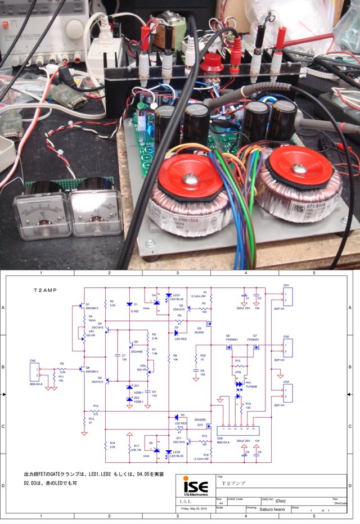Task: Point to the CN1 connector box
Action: pos(285,296)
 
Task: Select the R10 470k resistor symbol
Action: pos(238,365)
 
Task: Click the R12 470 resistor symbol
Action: pos(96,411)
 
